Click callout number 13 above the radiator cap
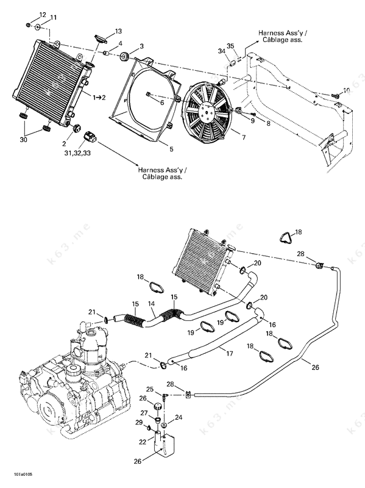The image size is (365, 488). tap(118, 31)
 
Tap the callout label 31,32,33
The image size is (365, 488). tap(77, 153)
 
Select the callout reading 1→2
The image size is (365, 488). tap(99, 98)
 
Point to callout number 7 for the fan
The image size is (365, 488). tap(244, 137)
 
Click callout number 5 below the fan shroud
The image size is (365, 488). tap(171, 149)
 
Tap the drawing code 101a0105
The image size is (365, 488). tap(23, 475)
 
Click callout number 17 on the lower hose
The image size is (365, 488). tap(230, 354)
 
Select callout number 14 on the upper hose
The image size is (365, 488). tap(151, 304)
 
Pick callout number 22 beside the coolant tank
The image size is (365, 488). tap(143, 442)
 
